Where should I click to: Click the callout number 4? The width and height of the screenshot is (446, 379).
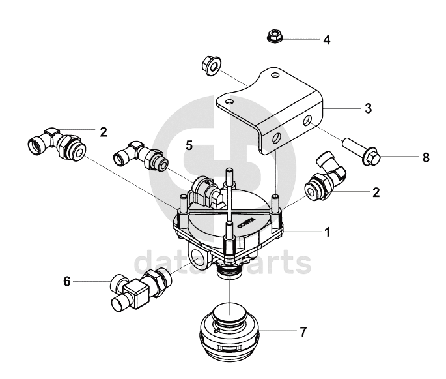point(327,40)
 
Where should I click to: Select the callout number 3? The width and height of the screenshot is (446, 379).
point(368,109)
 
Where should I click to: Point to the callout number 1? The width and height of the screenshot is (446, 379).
point(328,232)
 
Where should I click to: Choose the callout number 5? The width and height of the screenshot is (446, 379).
point(189,146)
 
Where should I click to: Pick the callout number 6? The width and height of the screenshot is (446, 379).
point(66,281)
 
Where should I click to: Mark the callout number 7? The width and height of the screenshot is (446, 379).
point(302,332)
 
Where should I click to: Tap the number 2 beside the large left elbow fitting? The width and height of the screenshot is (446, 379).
point(103,132)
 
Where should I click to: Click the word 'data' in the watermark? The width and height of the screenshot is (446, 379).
point(160,264)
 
